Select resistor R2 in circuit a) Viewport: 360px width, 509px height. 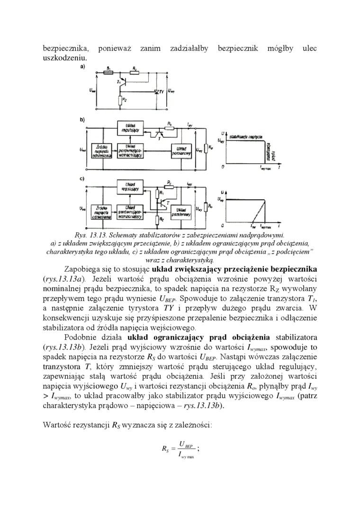120,100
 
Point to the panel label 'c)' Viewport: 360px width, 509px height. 82,179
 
